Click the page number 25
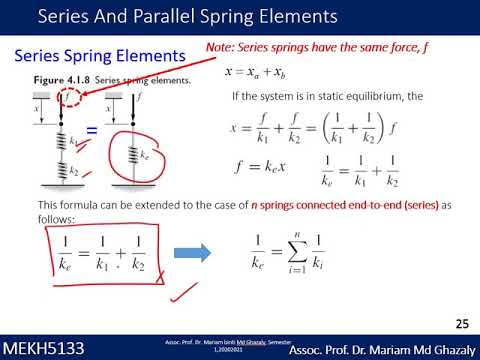click(x=461, y=324)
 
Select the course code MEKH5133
click(x=42, y=348)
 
